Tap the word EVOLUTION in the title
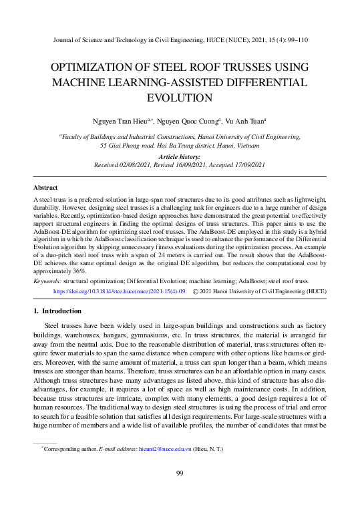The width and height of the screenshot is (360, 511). point(180,98)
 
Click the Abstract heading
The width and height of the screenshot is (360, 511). point(45,188)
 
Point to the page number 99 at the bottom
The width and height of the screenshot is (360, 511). point(180,474)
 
